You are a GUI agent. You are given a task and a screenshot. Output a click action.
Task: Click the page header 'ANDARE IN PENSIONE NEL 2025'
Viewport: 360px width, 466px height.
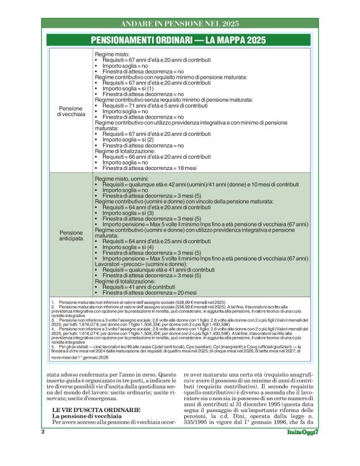[180, 23]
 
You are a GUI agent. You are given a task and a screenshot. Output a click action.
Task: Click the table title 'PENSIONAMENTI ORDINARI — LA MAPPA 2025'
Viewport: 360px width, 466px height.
[179, 40]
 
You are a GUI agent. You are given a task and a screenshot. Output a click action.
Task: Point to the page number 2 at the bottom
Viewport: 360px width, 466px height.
[43, 449]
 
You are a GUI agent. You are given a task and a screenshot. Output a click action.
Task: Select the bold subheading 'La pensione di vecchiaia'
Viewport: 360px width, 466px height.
[89, 416]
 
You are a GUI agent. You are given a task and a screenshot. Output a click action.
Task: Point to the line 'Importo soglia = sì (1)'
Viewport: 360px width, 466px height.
[128, 88]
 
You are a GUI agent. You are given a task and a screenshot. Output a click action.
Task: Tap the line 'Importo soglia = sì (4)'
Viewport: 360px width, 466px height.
[128, 247]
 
